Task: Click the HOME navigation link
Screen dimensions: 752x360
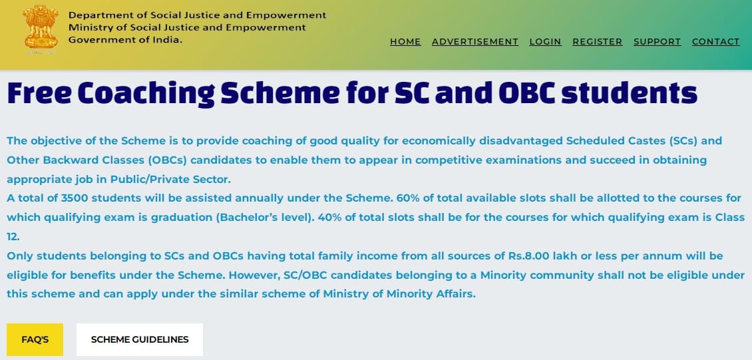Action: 405,42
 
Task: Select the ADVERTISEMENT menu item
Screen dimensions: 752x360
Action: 474,42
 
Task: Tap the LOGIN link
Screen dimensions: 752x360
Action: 545,42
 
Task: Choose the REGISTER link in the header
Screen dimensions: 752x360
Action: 597,42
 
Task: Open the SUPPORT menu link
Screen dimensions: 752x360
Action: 657,42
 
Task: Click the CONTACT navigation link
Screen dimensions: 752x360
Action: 715,42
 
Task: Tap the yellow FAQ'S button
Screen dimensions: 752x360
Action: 35,339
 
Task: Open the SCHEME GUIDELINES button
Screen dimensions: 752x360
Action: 140,339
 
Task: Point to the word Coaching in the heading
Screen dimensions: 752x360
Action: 146,93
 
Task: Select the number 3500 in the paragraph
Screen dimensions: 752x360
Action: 75,198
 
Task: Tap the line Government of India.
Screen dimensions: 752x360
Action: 126,40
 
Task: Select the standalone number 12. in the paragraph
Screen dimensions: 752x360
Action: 13,236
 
